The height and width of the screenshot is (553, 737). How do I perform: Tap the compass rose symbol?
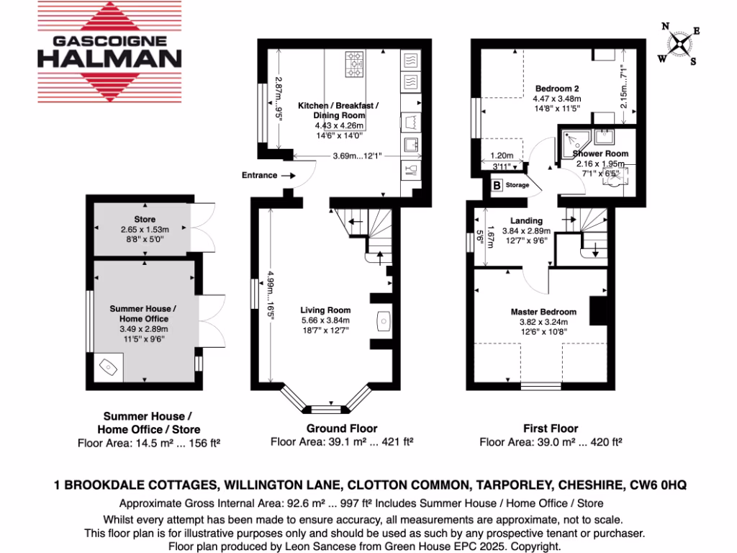[679, 43]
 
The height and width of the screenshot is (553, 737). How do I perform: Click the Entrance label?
[260, 175]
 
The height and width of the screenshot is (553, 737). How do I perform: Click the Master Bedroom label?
[544, 312]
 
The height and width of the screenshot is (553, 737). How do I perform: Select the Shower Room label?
[600, 153]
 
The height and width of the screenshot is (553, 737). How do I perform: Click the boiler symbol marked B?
[497, 185]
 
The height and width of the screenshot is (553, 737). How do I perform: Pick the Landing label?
[526, 221]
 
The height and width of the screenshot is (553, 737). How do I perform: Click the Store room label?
[145, 219]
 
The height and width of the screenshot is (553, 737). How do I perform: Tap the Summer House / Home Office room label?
[139, 313]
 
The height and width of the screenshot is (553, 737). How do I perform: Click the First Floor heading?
[550, 428]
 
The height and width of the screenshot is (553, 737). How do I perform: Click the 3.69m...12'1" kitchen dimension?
[352, 156]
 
